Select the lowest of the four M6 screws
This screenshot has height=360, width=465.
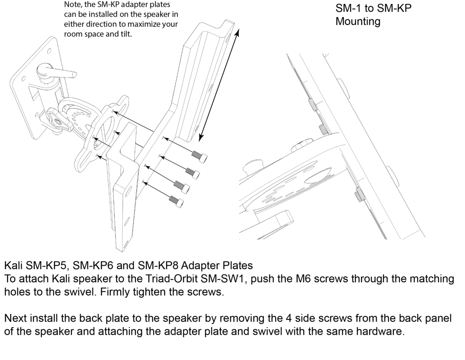174,199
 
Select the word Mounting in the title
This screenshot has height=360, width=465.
358,22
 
